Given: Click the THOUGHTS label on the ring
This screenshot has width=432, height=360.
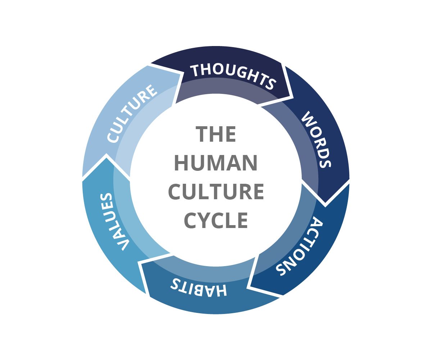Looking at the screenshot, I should click(x=234, y=74).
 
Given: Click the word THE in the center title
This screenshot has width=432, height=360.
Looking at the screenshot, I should click(x=216, y=134).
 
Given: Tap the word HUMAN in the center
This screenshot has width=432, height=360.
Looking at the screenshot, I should click(x=216, y=163).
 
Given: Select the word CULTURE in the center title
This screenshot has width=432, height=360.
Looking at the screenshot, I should click(x=216, y=192).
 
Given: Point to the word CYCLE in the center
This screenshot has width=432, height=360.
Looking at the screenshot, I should click(x=216, y=220).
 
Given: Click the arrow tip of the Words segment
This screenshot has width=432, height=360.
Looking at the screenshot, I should click(x=325, y=206).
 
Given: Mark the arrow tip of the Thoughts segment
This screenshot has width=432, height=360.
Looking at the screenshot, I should click(x=293, y=97).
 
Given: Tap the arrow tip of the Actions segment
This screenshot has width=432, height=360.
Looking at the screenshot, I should click(x=248, y=287).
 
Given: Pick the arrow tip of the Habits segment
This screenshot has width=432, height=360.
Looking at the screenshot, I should click(x=139, y=262).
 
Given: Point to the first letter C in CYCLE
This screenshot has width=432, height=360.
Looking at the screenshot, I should click(x=191, y=220).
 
